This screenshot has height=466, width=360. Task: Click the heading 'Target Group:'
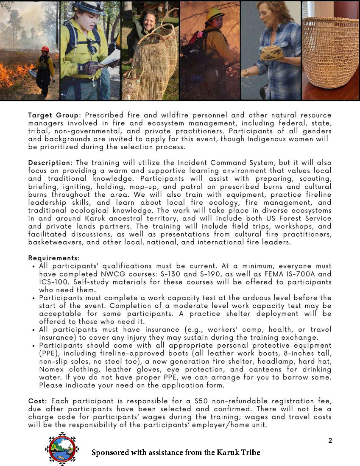(55, 115)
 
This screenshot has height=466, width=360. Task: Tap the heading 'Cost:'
(37, 401)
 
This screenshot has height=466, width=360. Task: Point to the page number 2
(330, 441)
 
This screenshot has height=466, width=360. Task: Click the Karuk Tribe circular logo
(62, 449)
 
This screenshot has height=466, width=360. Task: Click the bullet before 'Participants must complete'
(33, 298)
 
